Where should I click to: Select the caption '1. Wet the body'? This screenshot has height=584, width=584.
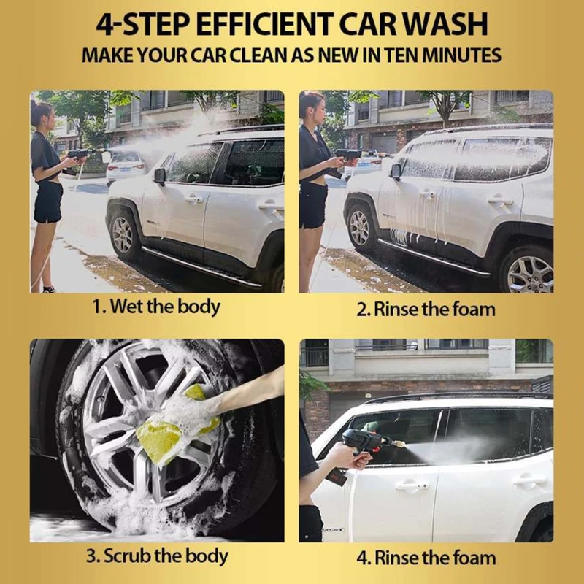[155, 307]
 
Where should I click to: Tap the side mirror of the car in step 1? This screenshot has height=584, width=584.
[159, 176]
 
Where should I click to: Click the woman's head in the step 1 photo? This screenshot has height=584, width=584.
[42, 114]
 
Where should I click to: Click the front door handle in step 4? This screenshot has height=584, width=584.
[407, 484]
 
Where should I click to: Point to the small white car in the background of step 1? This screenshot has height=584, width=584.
[125, 166]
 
